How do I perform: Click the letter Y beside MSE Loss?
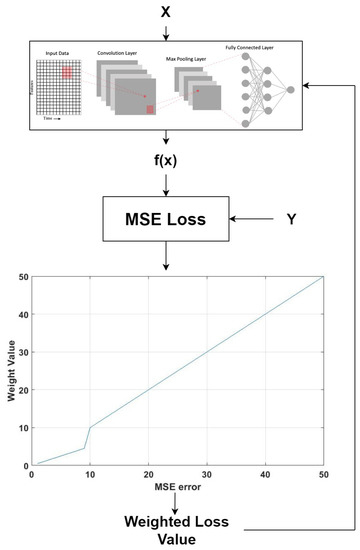coord(290,215)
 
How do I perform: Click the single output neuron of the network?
coord(291,89)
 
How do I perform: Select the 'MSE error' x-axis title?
coord(176,488)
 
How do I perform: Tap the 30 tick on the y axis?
coord(23,351)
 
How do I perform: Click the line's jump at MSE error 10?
coord(89,437)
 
